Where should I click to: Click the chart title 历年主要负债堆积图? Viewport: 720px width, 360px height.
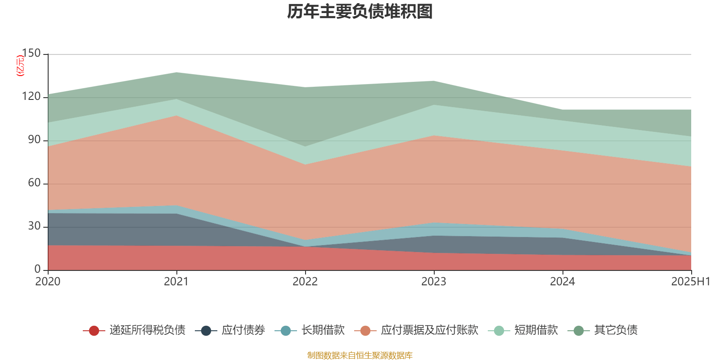(x=360, y=12)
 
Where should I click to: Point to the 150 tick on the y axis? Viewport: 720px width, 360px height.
(x=31, y=54)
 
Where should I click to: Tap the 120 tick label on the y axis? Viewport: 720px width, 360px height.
(x=31, y=97)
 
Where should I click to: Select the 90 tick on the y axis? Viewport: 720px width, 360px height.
(x=34, y=140)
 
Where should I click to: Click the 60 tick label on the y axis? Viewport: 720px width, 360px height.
(x=34, y=183)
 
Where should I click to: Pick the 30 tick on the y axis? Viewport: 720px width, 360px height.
(x=34, y=226)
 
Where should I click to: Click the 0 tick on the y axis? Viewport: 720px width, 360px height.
(x=37, y=270)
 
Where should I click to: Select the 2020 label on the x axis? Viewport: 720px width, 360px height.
(x=48, y=282)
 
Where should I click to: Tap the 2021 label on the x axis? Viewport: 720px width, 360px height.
(x=176, y=282)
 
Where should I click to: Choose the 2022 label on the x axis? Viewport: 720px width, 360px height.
(x=305, y=282)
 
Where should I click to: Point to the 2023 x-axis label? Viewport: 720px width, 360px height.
(x=434, y=282)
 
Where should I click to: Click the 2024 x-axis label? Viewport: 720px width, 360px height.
(x=562, y=282)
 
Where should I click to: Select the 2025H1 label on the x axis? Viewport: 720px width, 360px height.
(x=690, y=282)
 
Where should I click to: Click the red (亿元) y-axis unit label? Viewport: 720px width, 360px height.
(x=20, y=66)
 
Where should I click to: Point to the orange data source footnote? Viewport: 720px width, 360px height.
(x=360, y=355)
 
